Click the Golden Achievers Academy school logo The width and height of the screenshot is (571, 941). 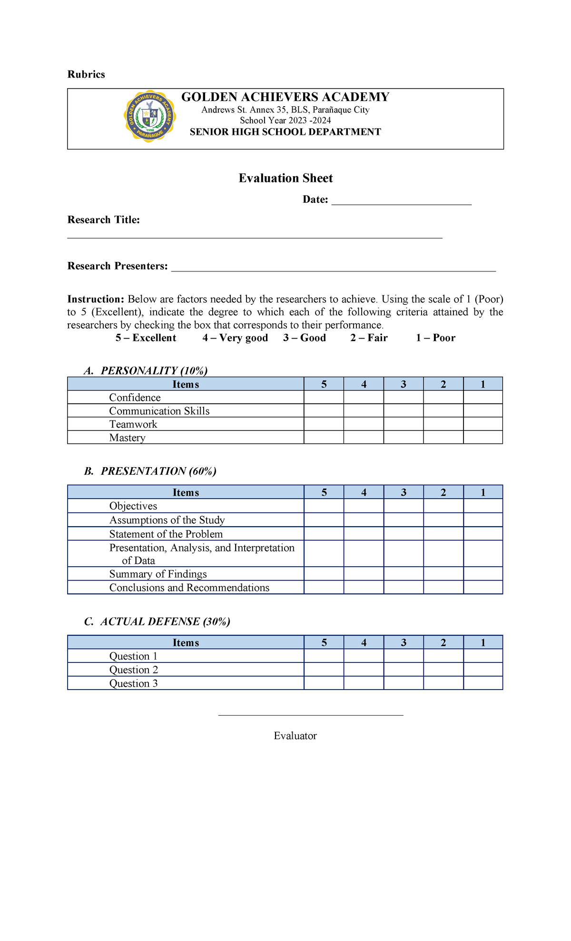coord(150,116)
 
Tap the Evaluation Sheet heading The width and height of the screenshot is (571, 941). coord(285,178)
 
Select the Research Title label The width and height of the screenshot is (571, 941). coord(104,220)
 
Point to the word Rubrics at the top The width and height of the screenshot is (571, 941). coord(86,74)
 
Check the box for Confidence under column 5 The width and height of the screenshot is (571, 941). coord(324,398)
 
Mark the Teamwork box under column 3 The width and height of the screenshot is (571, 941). coord(404,424)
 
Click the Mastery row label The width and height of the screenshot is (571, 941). coord(127,438)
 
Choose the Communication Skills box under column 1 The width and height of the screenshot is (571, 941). coord(483,411)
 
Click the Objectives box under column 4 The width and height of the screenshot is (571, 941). coord(364,506)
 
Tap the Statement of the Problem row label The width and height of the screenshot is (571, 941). coord(166,534)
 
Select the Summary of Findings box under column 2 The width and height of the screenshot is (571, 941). coord(443,574)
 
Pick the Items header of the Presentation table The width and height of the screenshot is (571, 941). coord(186,492)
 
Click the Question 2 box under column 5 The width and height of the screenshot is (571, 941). coord(324,670)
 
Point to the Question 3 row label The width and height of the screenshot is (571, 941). coord(133,683)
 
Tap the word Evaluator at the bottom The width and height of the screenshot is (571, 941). coord(295,736)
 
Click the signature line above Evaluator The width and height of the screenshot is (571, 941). coord(310,715)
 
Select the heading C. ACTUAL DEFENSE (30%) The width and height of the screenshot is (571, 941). coord(157,621)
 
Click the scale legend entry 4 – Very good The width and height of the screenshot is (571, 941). coord(235,338)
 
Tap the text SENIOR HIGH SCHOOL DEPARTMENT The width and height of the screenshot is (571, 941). coord(285,132)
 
